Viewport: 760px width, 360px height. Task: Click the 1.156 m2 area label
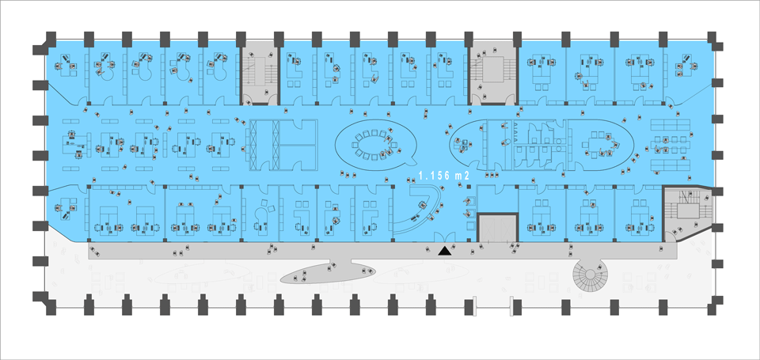tap(444, 176)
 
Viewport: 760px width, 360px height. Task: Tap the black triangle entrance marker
tap(445, 251)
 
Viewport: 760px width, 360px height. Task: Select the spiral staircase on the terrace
tap(589, 275)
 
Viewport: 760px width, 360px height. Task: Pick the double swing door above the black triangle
tap(444, 237)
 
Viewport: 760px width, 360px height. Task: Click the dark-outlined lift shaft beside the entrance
tap(497, 227)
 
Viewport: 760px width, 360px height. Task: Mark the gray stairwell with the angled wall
tap(686, 212)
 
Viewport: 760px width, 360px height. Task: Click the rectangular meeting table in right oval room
tap(601, 144)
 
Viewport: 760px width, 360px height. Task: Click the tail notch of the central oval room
tap(411, 158)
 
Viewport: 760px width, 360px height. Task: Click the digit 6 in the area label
tap(446, 176)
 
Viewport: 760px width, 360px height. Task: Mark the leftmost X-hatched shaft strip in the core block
tap(253, 145)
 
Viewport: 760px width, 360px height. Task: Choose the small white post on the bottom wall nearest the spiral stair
tap(512, 305)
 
